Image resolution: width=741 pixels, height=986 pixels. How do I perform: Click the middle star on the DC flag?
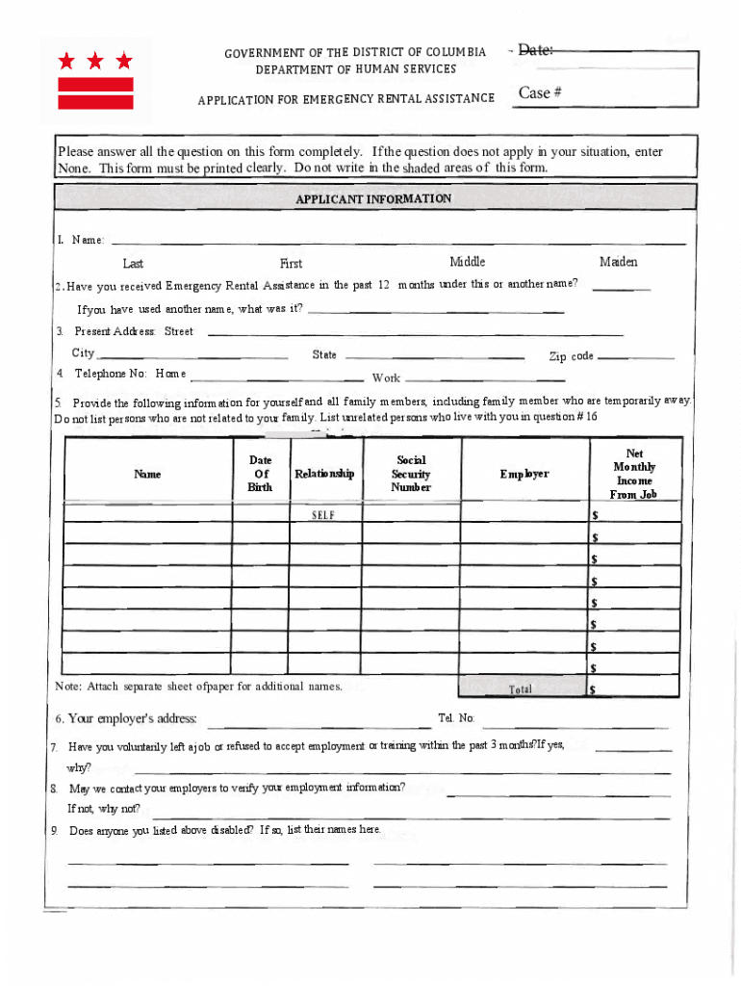pos(95,62)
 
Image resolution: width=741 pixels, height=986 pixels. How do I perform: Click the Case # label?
pos(540,92)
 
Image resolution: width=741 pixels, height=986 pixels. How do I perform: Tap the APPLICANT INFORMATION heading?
pos(373,198)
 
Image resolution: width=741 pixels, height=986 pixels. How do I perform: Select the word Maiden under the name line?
pos(618,262)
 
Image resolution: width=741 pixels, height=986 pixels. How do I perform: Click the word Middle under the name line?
pos(468,262)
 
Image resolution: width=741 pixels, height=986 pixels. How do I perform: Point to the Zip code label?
pos(571,356)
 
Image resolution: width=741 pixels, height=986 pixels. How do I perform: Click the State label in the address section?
pos(324,354)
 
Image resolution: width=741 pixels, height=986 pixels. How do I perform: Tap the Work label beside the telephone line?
pos(386,378)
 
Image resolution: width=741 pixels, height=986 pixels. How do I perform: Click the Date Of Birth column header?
pos(260,474)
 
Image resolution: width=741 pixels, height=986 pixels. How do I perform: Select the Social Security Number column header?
pos(411,474)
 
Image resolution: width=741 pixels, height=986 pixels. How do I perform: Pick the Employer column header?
pos(524,474)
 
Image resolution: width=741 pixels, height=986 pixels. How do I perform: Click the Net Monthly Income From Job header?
pos(634,474)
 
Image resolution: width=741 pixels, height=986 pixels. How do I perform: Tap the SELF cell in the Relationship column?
pos(323,515)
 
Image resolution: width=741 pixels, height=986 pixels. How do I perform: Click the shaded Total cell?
pos(521,688)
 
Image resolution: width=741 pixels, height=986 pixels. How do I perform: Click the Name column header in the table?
pos(147,474)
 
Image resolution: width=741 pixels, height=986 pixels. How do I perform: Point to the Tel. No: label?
pos(456,718)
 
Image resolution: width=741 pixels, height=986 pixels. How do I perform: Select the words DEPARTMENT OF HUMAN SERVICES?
pos(356,69)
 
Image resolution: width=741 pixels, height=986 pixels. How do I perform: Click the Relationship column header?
pos(324,474)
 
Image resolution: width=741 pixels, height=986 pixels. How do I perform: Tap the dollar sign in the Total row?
pos(593,689)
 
